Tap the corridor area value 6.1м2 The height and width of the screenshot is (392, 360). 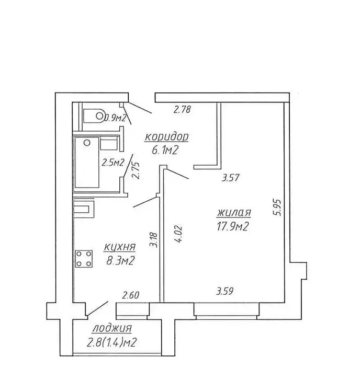(x=165, y=150)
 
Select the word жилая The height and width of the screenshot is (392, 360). (x=233, y=213)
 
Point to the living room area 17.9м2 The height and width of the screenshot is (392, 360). (x=232, y=227)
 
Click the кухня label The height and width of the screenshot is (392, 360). (x=119, y=248)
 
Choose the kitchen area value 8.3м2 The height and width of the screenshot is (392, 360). (x=121, y=261)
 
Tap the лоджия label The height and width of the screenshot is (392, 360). (x=112, y=329)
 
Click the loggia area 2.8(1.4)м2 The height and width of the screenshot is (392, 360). (x=111, y=342)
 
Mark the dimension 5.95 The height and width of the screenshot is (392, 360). (x=278, y=207)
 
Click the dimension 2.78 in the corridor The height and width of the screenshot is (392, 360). (x=183, y=110)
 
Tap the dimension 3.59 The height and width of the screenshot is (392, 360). (x=225, y=291)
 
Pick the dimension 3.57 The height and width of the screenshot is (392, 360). (x=231, y=178)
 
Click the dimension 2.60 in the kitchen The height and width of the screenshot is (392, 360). (x=130, y=295)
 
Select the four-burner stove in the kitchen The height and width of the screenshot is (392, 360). (x=84, y=259)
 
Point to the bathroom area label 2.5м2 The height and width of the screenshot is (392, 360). (x=113, y=163)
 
